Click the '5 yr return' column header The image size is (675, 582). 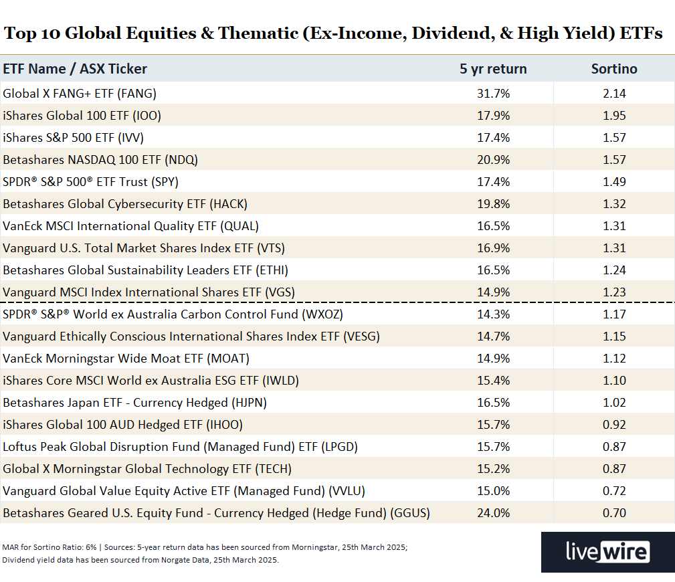(x=493, y=69)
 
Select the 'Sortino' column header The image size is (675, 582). (x=613, y=69)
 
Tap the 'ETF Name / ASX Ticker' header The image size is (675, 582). (x=75, y=69)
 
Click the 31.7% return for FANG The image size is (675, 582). (x=493, y=94)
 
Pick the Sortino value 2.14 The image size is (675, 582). (x=613, y=94)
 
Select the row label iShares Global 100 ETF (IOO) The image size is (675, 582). (x=82, y=116)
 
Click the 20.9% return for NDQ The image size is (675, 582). (x=493, y=160)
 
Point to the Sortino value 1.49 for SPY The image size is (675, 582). (x=613, y=182)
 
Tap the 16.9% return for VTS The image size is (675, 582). (x=493, y=248)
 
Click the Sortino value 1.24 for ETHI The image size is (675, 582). (x=613, y=270)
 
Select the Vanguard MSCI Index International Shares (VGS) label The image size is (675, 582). (x=149, y=292)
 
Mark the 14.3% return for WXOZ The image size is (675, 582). (x=493, y=314)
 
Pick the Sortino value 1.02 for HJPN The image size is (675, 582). (x=613, y=403)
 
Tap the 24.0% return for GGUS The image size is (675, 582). (x=493, y=513)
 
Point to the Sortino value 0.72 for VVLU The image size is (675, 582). (x=613, y=491)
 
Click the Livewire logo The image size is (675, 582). (x=607, y=552)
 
